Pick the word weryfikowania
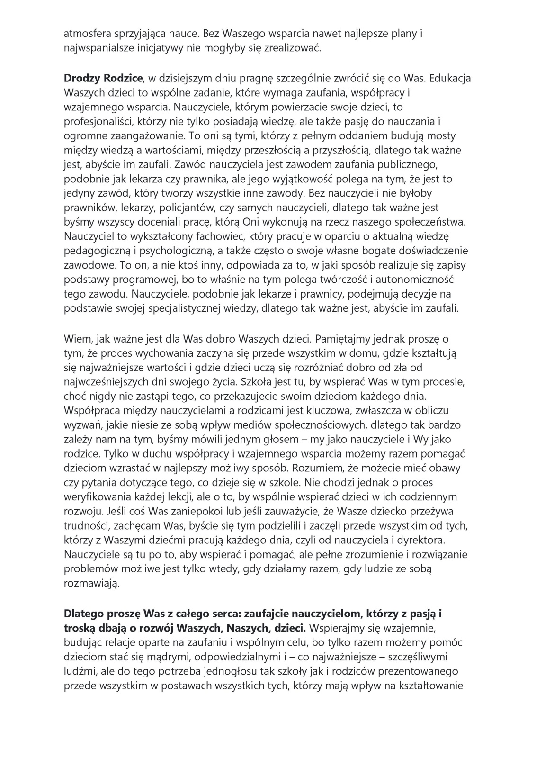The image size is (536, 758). point(97,497)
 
